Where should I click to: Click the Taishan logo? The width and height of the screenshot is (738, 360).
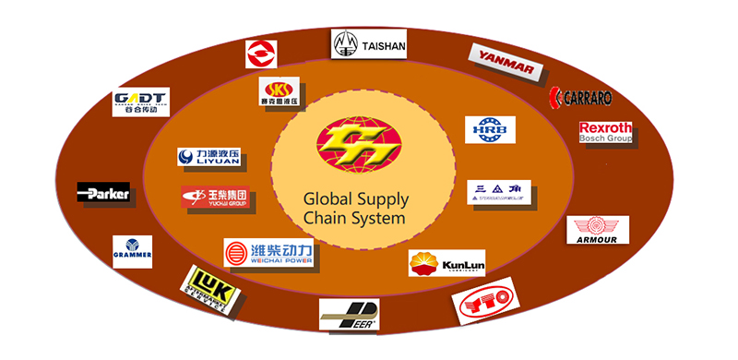tap(368, 43)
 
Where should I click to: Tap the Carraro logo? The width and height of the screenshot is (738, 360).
tap(579, 97)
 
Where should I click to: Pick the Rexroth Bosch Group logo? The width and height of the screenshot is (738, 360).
tap(605, 132)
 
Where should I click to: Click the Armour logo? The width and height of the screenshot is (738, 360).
tap(597, 230)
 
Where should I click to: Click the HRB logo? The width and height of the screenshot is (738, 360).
tap(489, 129)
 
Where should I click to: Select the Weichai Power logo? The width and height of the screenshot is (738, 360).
tap(268, 252)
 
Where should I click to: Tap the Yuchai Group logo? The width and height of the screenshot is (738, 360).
tap(215, 197)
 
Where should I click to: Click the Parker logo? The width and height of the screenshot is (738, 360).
tap(103, 193)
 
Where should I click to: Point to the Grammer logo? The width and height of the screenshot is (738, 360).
tap(132, 251)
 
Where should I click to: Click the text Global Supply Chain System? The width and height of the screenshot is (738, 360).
tap(356, 210)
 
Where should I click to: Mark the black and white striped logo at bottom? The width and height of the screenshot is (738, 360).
tap(349, 314)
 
